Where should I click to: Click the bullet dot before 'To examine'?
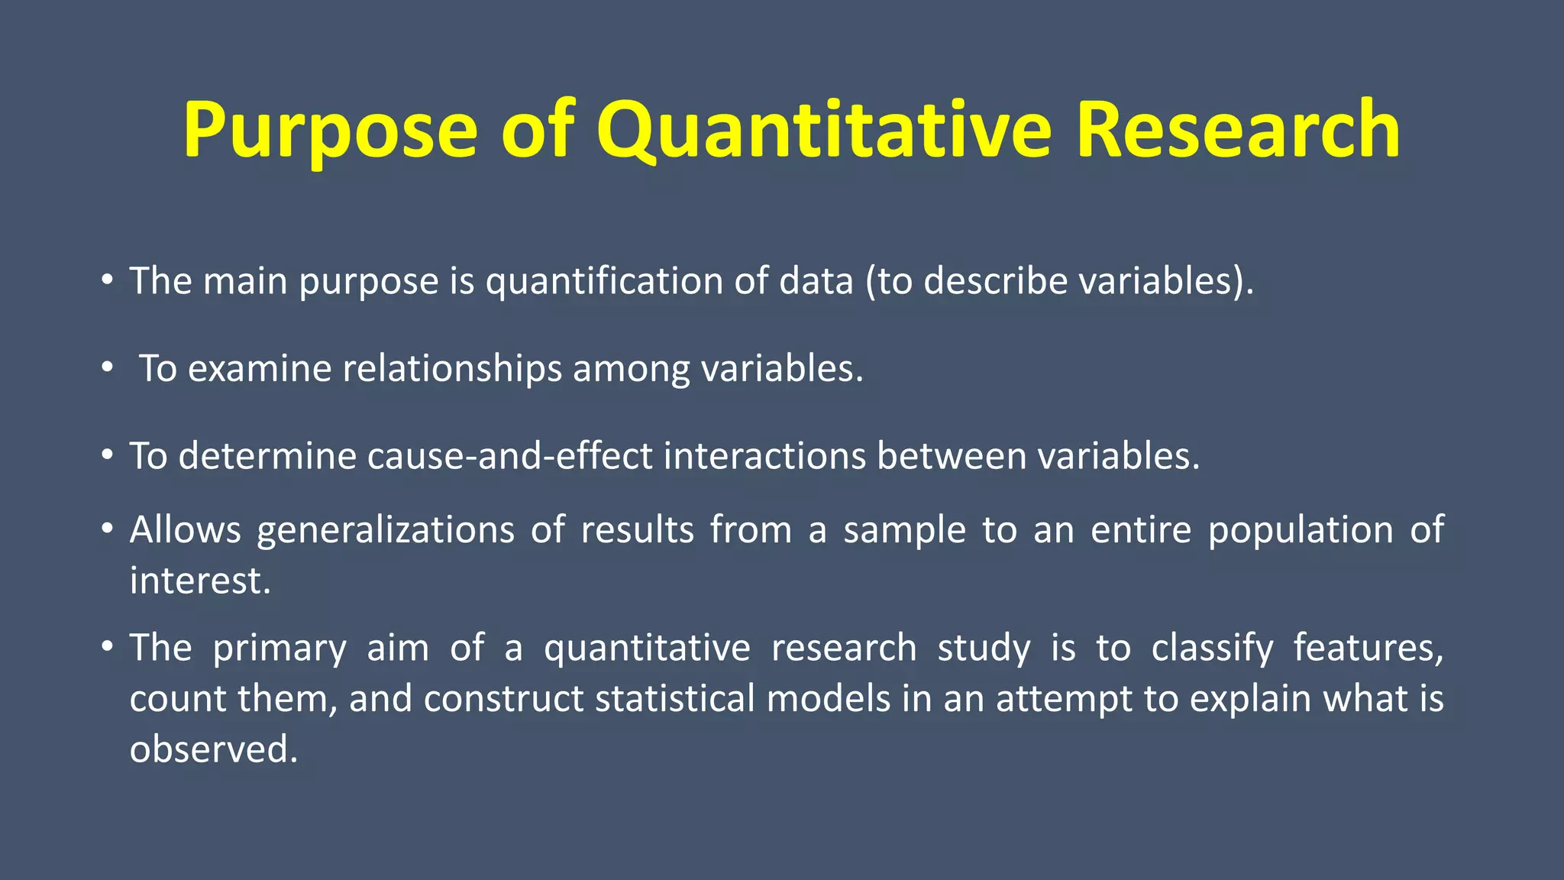[x=108, y=369]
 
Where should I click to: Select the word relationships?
[x=452, y=369]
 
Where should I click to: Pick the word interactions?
[x=764, y=457]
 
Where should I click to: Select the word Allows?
[x=185, y=530]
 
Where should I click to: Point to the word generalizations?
[x=386, y=530]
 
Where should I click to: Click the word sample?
[x=904, y=530]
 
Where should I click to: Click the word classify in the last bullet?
[x=1212, y=649]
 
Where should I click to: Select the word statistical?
[x=674, y=699]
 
